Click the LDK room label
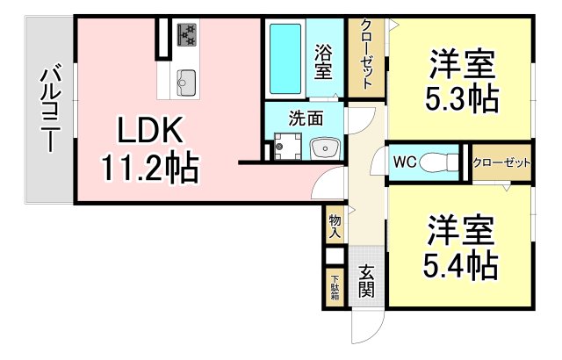pyautogui.click(x=150, y=130)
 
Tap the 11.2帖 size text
pyautogui.click(x=150, y=168)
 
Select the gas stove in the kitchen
pyautogui.click(x=187, y=35)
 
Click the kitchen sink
pyautogui.click(x=186, y=83)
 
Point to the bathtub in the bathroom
pyautogui.click(x=285, y=59)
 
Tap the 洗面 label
pyautogui.click(x=306, y=118)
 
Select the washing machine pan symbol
pyautogui.click(x=287, y=146)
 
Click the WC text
pyautogui.click(x=405, y=162)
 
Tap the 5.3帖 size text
pyautogui.click(x=462, y=98)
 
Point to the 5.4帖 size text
pyautogui.click(x=461, y=265)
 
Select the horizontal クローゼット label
pyautogui.click(x=501, y=163)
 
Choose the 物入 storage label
pyautogui.click(x=335, y=227)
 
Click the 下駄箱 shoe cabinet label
pyautogui.click(x=335, y=287)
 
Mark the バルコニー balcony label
pyautogui.click(x=50, y=108)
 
